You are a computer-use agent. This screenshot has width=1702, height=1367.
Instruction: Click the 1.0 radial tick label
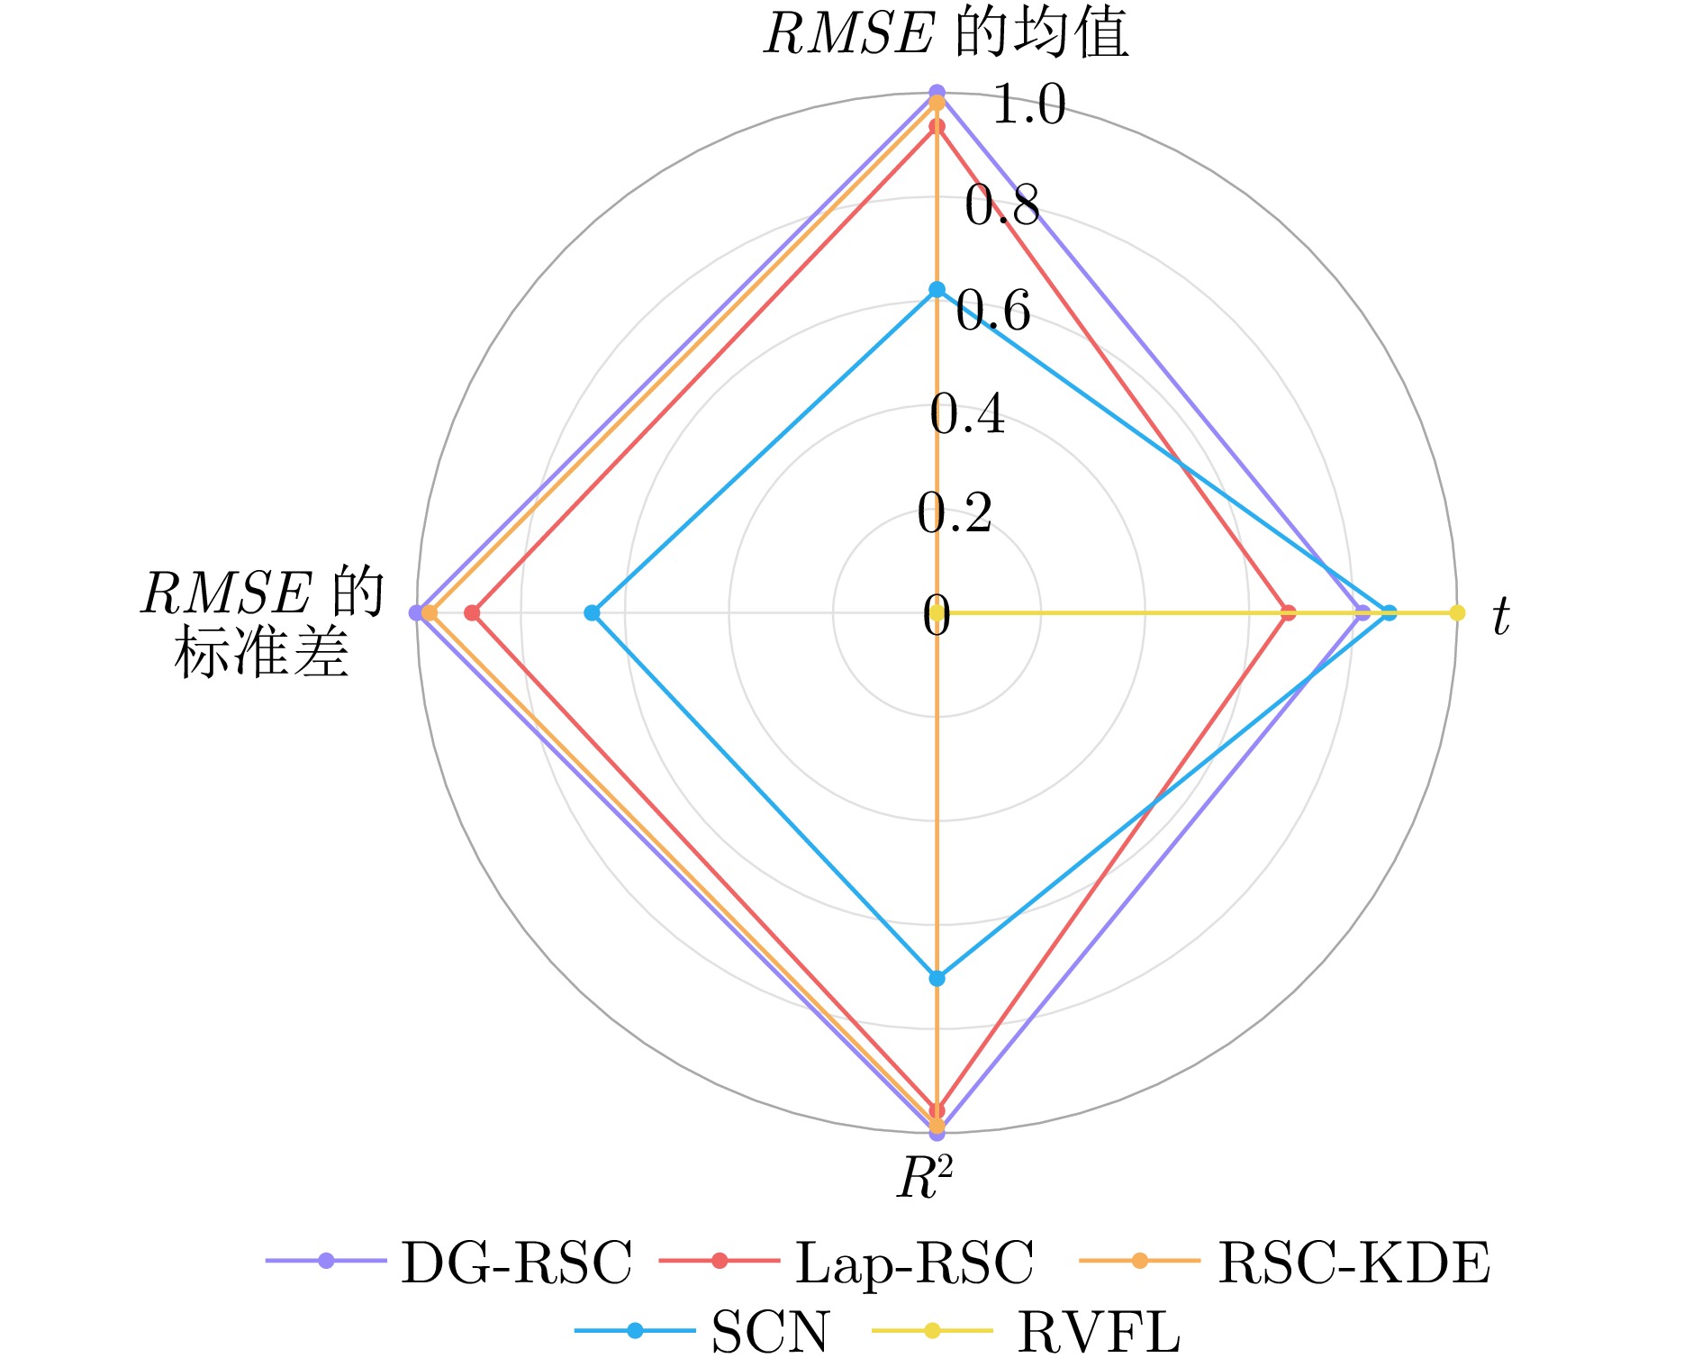(1028, 104)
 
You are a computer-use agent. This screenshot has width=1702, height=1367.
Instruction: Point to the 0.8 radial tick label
(1001, 206)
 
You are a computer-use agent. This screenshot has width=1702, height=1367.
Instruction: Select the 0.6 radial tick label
(992, 312)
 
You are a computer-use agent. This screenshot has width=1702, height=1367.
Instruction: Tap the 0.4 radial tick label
(967, 415)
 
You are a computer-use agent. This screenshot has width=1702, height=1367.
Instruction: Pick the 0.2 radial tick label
(955, 514)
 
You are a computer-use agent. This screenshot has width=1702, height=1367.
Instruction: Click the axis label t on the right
(1500, 618)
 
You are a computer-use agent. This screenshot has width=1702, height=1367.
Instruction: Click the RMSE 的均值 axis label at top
(946, 34)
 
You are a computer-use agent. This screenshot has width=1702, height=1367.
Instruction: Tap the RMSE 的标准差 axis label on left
(262, 622)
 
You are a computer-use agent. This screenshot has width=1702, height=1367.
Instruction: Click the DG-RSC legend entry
(516, 1262)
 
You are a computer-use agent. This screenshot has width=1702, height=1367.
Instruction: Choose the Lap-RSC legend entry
(914, 1262)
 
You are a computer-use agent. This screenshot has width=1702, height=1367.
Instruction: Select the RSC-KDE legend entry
(1353, 1262)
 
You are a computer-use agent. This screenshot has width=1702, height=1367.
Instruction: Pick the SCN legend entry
(770, 1332)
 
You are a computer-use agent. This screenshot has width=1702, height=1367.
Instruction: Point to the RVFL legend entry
(1098, 1332)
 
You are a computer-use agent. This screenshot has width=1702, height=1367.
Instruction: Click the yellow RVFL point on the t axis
(1457, 613)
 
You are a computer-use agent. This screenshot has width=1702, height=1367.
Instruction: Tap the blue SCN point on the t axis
(1390, 613)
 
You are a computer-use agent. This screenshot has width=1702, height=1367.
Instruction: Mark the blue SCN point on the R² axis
(937, 978)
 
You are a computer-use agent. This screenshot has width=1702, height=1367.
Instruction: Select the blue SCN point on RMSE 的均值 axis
(937, 289)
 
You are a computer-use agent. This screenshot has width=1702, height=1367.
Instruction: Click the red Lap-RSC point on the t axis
(1289, 613)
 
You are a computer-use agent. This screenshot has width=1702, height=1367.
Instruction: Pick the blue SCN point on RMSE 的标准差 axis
(592, 613)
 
